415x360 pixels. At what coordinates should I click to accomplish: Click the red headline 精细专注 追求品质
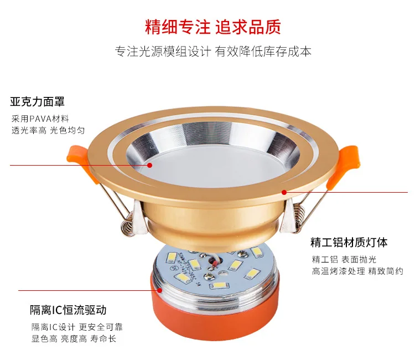(213, 26)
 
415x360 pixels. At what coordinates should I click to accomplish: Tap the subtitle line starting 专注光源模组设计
(213, 52)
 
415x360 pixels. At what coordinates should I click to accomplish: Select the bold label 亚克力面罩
(37, 102)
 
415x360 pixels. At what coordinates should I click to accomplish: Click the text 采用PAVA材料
(40, 119)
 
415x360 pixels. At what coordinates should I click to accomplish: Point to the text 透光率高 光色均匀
(48, 131)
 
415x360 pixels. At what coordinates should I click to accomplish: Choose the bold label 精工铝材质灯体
(349, 243)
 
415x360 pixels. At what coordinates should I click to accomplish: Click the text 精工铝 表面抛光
(344, 260)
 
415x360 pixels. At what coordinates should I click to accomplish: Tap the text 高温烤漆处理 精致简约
(357, 271)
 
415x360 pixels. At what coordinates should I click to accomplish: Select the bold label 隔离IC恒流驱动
(68, 310)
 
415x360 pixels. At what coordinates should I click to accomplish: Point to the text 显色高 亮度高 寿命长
(74, 338)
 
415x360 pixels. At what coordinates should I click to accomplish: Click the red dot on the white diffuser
(150, 165)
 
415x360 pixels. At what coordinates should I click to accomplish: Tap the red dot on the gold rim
(284, 192)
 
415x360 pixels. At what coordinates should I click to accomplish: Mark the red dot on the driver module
(159, 290)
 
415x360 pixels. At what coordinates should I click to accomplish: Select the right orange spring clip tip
(347, 157)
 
